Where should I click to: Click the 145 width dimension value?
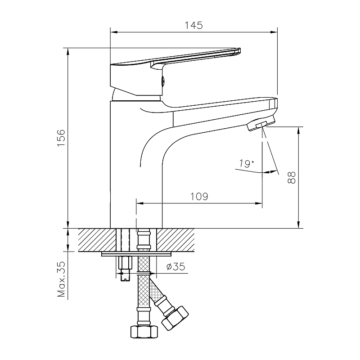tap(194, 25)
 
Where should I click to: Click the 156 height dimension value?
tap(61, 138)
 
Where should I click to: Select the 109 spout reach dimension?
tap(199, 197)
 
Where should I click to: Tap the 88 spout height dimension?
tap(291, 177)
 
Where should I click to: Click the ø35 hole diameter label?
tap(176, 266)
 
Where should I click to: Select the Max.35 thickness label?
tap(61, 279)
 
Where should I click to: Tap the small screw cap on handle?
tap(163, 81)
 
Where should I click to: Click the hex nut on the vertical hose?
tap(144, 332)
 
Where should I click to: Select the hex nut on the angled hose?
tap(175, 318)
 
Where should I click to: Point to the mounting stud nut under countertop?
tap(125, 263)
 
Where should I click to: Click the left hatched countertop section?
tap(97, 240)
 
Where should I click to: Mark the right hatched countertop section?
tap(175, 240)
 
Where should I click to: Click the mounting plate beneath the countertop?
tap(137, 254)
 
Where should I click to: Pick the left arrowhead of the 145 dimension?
tap(114, 32)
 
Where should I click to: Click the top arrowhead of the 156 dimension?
tap(68, 52)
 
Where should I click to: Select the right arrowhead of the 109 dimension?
tap(259, 203)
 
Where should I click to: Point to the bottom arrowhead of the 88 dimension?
tap(298, 225)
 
